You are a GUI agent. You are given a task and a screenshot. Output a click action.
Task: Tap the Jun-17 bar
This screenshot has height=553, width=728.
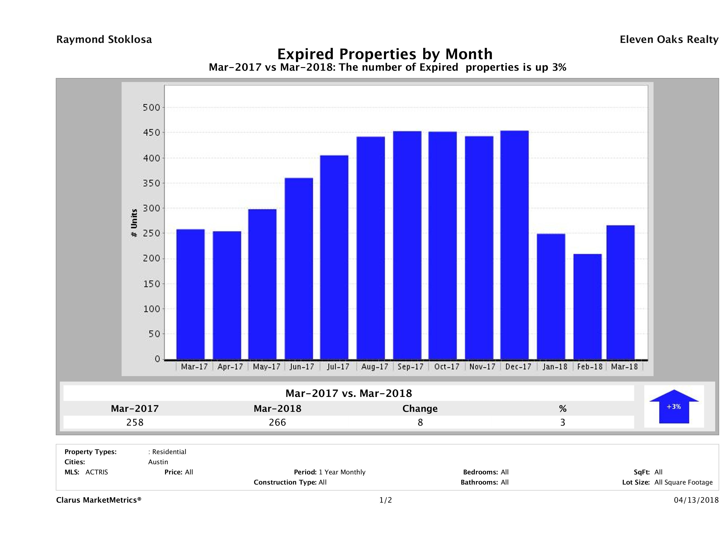(x=299, y=269)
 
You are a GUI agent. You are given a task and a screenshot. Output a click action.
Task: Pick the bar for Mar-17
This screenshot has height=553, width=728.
(x=190, y=294)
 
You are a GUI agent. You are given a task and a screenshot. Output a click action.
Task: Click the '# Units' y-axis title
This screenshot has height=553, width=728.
(x=134, y=223)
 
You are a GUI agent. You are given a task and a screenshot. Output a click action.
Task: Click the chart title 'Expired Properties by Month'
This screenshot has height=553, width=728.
(x=385, y=54)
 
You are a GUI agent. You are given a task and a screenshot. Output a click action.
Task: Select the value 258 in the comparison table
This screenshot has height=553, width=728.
(x=135, y=422)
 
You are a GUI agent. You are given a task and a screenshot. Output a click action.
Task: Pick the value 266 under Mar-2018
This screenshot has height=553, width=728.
(x=277, y=422)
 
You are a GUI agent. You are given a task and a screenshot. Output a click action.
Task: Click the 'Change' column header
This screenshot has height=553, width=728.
(x=420, y=409)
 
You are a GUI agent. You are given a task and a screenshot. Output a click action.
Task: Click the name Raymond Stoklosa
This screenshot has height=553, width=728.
(x=104, y=40)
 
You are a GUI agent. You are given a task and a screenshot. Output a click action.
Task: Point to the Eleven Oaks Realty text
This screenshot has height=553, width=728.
(x=669, y=40)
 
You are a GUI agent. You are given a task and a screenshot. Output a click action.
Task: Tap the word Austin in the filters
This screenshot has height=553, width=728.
(x=158, y=462)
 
